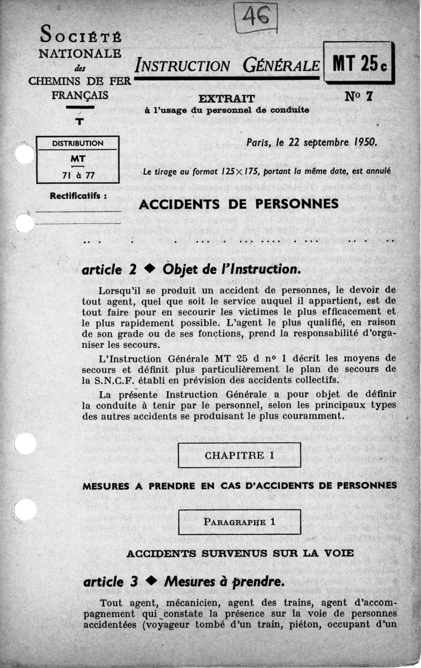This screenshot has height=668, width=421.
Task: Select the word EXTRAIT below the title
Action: [x=227, y=98]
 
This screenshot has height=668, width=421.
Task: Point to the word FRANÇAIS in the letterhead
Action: [x=79, y=95]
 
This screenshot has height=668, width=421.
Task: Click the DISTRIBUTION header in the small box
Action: [x=78, y=143]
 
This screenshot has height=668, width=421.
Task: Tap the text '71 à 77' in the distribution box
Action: [x=78, y=175]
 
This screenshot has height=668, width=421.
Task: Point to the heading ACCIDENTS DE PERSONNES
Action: [x=239, y=204]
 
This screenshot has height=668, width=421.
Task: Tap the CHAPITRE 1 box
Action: [x=239, y=455]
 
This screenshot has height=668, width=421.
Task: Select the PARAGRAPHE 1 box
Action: [x=239, y=522]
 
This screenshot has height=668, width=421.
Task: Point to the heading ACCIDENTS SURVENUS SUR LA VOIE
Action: [x=240, y=553]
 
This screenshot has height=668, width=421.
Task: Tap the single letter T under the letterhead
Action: [x=80, y=121]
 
